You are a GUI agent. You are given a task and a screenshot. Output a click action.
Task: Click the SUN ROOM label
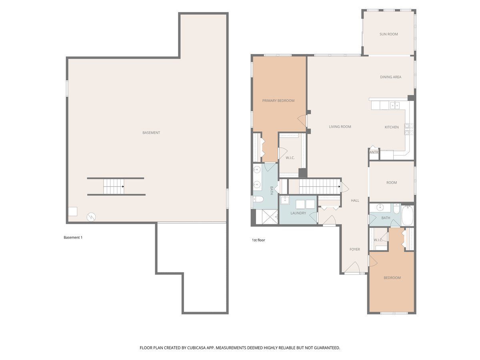click(388, 34)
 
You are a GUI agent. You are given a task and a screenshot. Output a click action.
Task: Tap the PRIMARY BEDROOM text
click(278, 100)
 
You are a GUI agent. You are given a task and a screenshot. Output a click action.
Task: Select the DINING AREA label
click(390, 77)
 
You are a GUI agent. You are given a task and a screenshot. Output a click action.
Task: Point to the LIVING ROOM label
click(340, 126)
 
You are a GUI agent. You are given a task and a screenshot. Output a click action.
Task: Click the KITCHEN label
click(392, 127)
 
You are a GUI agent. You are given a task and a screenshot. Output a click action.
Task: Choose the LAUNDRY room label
click(298, 213)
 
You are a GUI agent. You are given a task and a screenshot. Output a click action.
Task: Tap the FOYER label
click(354, 249)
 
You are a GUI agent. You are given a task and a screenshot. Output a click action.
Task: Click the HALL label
click(355, 200)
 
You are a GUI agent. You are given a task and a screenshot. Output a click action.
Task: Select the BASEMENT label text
click(151, 132)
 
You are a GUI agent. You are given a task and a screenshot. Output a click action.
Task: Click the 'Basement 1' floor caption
click(73, 237)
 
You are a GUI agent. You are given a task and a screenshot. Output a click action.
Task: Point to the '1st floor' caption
click(258, 240)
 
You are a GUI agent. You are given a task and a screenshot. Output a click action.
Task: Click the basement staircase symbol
click(114, 186)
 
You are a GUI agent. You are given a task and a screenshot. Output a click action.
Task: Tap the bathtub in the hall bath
click(407, 215)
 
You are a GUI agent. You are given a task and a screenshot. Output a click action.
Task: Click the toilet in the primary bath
click(258, 199)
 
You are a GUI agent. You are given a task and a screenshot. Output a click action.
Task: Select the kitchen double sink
click(395, 105)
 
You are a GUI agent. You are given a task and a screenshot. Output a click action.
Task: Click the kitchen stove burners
click(409, 129)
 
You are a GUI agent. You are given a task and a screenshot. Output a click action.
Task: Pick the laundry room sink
click(285, 200)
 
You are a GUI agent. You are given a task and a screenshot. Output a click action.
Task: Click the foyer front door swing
click(352, 267)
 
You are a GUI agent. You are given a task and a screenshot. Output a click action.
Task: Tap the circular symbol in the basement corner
click(91, 217)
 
